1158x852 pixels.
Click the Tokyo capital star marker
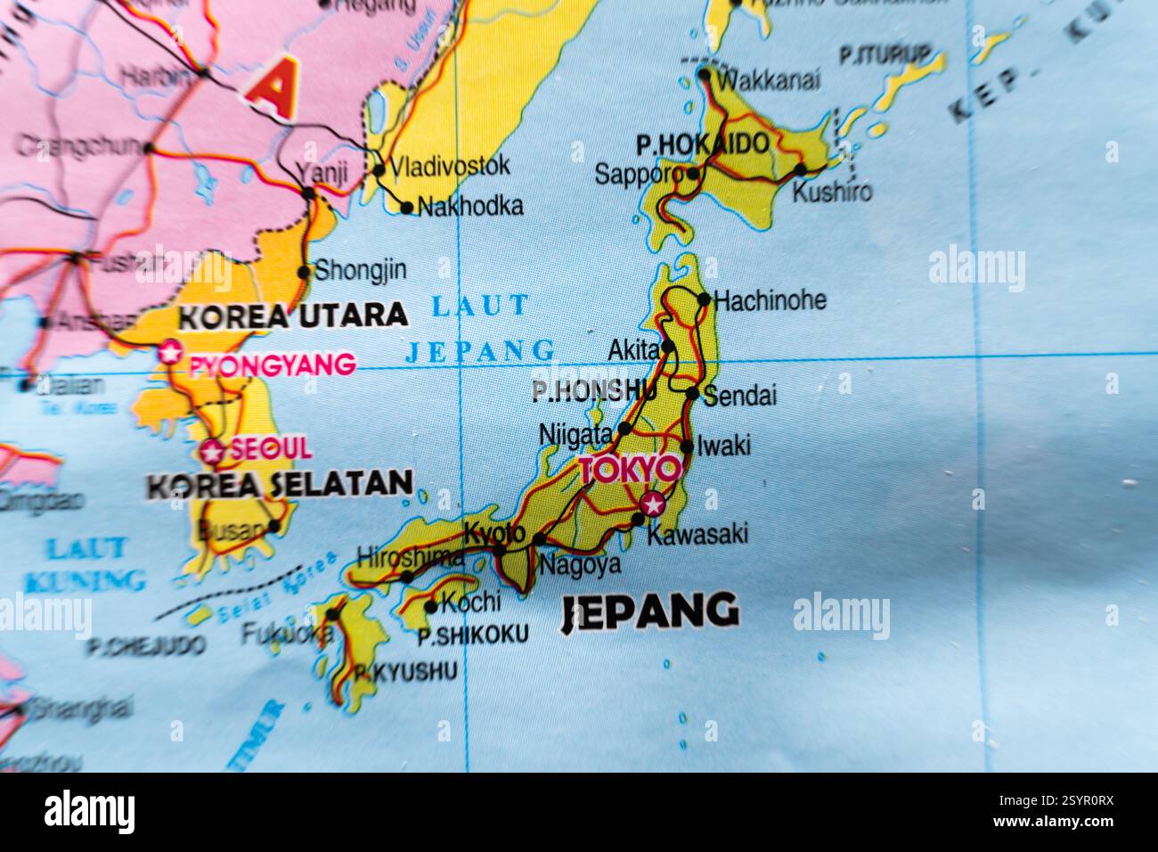coord(654,504)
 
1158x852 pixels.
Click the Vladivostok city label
coord(451,166)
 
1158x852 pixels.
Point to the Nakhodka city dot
coord(407,209)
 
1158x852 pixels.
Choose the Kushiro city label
coord(832,192)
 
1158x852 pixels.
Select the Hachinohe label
coord(770,300)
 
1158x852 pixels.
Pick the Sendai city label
coord(740,396)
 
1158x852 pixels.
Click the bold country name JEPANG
coord(650,612)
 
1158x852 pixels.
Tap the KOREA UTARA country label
coord(293,315)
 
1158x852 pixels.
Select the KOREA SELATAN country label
coord(280,484)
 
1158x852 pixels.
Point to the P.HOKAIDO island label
coord(703,143)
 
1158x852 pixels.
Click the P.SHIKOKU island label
coord(472,635)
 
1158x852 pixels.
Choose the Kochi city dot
coord(431,607)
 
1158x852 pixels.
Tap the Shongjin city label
coord(360,270)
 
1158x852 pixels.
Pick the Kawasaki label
coord(697,534)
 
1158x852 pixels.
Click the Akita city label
coord(633,350)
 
